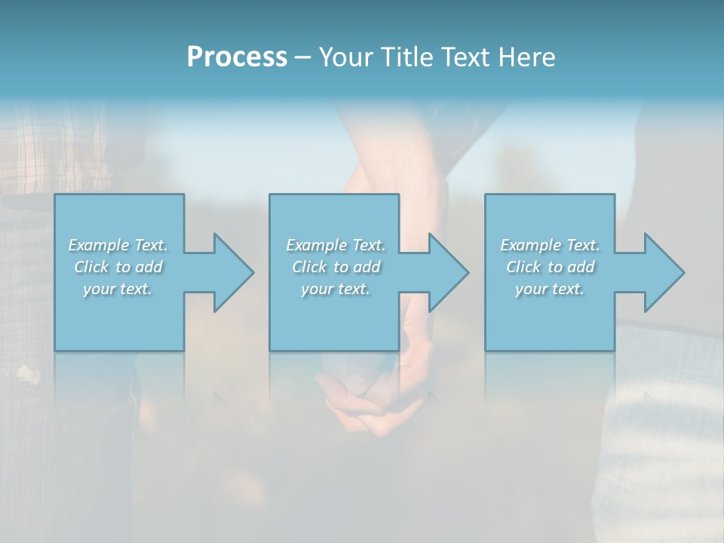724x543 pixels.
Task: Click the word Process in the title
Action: tap(237, 57)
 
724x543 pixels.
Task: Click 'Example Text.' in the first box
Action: tap(118, 245)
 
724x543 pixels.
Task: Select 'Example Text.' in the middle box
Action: tap(336, 245)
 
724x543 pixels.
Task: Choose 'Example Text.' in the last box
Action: tap(550, 245)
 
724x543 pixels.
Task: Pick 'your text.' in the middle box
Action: tap(336, 289)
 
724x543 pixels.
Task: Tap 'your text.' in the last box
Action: tap(550, 289)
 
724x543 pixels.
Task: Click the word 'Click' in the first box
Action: tap(91, 267)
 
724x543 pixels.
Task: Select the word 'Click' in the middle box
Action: tap(309, 267)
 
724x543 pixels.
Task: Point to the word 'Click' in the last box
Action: tap(523, 267)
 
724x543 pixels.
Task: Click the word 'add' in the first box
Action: tap(149, 267)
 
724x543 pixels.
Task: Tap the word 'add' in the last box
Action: tap(581, 267)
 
